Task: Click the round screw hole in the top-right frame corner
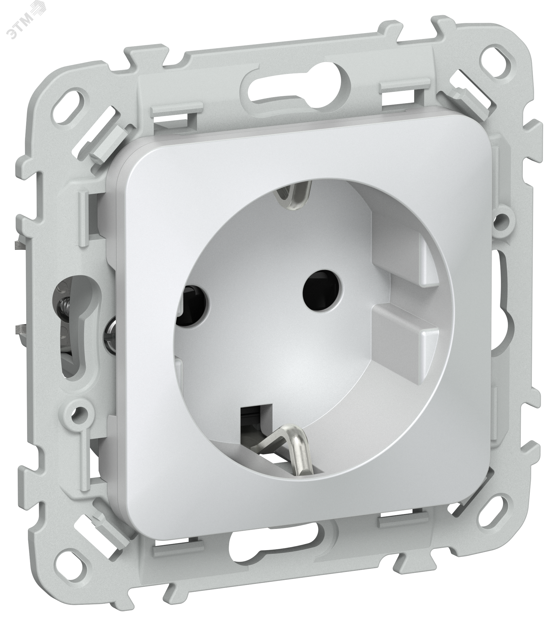click(487, 46)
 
